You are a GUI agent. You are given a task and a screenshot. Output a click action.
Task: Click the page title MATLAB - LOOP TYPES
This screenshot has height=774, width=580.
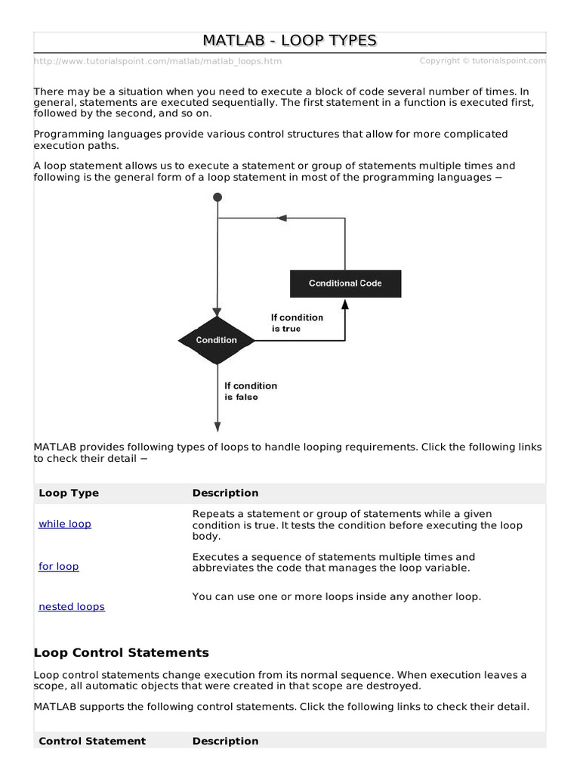(x=289, y=41)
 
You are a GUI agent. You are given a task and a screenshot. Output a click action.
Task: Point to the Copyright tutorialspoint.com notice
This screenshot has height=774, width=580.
(x=483, y=60)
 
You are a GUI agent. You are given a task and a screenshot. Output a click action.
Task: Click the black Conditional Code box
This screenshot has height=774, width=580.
(x=345, y=283)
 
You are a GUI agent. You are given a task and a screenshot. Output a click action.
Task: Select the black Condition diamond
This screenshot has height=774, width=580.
(x=217, y=340)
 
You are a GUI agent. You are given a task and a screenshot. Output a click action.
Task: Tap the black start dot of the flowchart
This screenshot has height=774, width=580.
(x=217, y=197)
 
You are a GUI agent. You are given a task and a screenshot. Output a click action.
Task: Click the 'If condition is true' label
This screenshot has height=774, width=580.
(x=297, y=323)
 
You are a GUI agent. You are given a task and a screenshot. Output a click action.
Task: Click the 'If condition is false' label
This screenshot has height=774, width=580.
(x=250, y=391)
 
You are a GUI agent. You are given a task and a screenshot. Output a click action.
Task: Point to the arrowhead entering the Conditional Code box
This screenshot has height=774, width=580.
(x=345, y=304)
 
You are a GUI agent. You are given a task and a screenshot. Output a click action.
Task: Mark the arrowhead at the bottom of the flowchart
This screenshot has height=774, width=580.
(x=217, y=426)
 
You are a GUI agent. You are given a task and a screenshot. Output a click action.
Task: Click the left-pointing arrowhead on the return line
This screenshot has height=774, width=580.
(x=282, y=218)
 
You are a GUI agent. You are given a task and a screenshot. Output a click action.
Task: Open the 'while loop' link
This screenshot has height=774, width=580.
(x=65, y=524)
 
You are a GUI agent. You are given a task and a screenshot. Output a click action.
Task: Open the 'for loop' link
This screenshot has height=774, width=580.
(x=59, y=566)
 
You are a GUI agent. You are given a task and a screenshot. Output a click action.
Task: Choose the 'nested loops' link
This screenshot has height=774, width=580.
(x=72, y=606)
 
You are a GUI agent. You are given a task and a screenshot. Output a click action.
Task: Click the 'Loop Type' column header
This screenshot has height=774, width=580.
(x=69, y=493)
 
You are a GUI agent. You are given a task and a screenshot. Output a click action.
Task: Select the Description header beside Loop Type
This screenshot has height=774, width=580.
(x=225, y=493)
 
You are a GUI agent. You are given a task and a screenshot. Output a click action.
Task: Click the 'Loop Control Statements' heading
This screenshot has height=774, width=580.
(x=122, y=652)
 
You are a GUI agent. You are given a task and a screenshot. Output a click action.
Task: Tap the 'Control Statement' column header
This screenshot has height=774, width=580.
(x=92, y=741)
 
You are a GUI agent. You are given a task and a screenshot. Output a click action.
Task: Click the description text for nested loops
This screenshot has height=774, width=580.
(x=336, y=596)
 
